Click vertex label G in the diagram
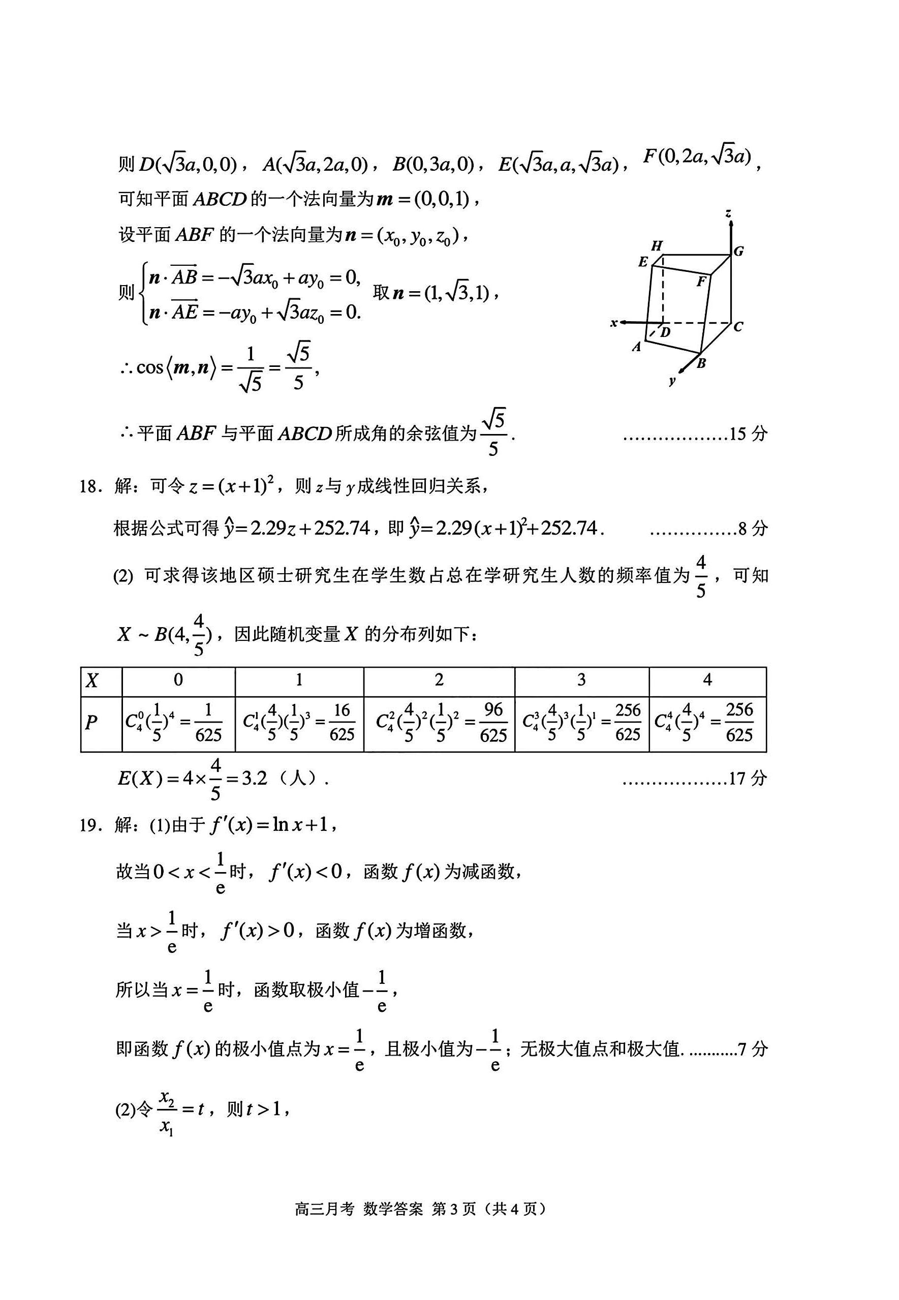pos(738,251)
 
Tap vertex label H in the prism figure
pos(657,245)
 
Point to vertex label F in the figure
pos(701,281)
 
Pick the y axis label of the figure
pos(672,381)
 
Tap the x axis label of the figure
pos(614,323)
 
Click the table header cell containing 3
pos(581,680)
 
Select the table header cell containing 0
pos(178,680)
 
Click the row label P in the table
pos(91,722)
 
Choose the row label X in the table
pos(92,680)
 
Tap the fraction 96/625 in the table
pos(493,722)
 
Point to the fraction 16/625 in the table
pos(342,722)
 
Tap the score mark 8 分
pos(753,529)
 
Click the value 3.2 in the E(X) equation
pos(254,779)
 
